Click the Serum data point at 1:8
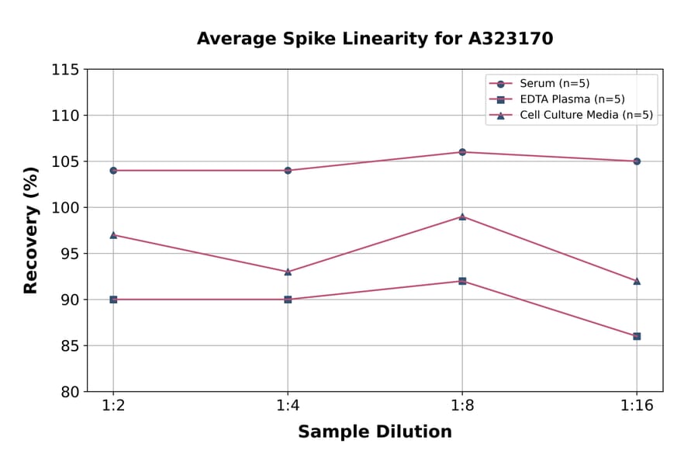(x=462, y=152)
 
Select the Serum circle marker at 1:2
(x=113, y=170)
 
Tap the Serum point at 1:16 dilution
(x=637, y=161)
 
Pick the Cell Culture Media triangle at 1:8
(x=462, y=217)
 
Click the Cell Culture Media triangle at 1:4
(x=288, y=272)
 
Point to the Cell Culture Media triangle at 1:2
(x=113, y=234)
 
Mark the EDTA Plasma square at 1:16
(x=637, y=336)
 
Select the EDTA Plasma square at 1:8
(x=462, y=281)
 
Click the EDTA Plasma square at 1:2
(x=113, y=300)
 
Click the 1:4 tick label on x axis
(x=288, y=407)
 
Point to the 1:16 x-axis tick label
(x=637, y=407)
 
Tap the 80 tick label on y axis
(x=70, y=392)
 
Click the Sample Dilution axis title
(x=375, y=432)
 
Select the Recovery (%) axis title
(x=31, y=230)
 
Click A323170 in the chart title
(x=510, y=39)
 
